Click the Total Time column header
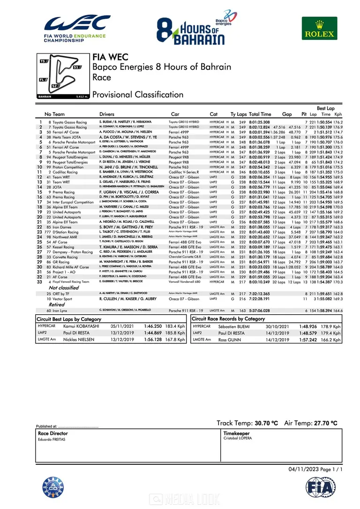(260, 114)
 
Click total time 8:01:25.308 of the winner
(259, 122)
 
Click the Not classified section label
(64, 288)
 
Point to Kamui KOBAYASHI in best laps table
(82, 326)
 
